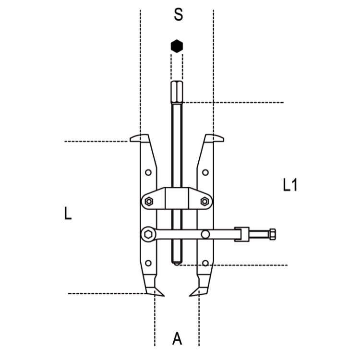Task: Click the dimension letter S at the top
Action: [x=179, y=14]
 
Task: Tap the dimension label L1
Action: [x=290, y=185]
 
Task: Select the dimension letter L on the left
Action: [x=68, y=213]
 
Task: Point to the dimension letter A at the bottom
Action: [x=177, y=339]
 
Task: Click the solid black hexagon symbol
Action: [x=177, y=46]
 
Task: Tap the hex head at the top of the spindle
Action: [x=177, y=92]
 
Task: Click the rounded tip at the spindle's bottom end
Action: [x=177, y=264]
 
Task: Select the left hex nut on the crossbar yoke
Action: [x=149, y=202]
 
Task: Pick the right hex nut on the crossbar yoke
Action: [x=204, y=202]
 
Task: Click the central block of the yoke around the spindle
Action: [x=177, y=198]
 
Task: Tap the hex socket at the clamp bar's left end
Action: [x=148, y=234]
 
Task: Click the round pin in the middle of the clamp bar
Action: [x=205, y=234]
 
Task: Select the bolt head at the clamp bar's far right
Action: [x=273, y=234]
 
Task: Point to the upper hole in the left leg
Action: [x=148, y=172]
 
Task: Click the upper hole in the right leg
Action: [x=205, y=172]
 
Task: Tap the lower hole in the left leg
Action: [x=148, y=263]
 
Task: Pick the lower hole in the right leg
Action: [x=205, y=263]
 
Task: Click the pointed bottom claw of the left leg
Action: [x=155, y=291]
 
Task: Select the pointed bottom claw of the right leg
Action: [x=199, y=291]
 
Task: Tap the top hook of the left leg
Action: [x=139, y=138]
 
